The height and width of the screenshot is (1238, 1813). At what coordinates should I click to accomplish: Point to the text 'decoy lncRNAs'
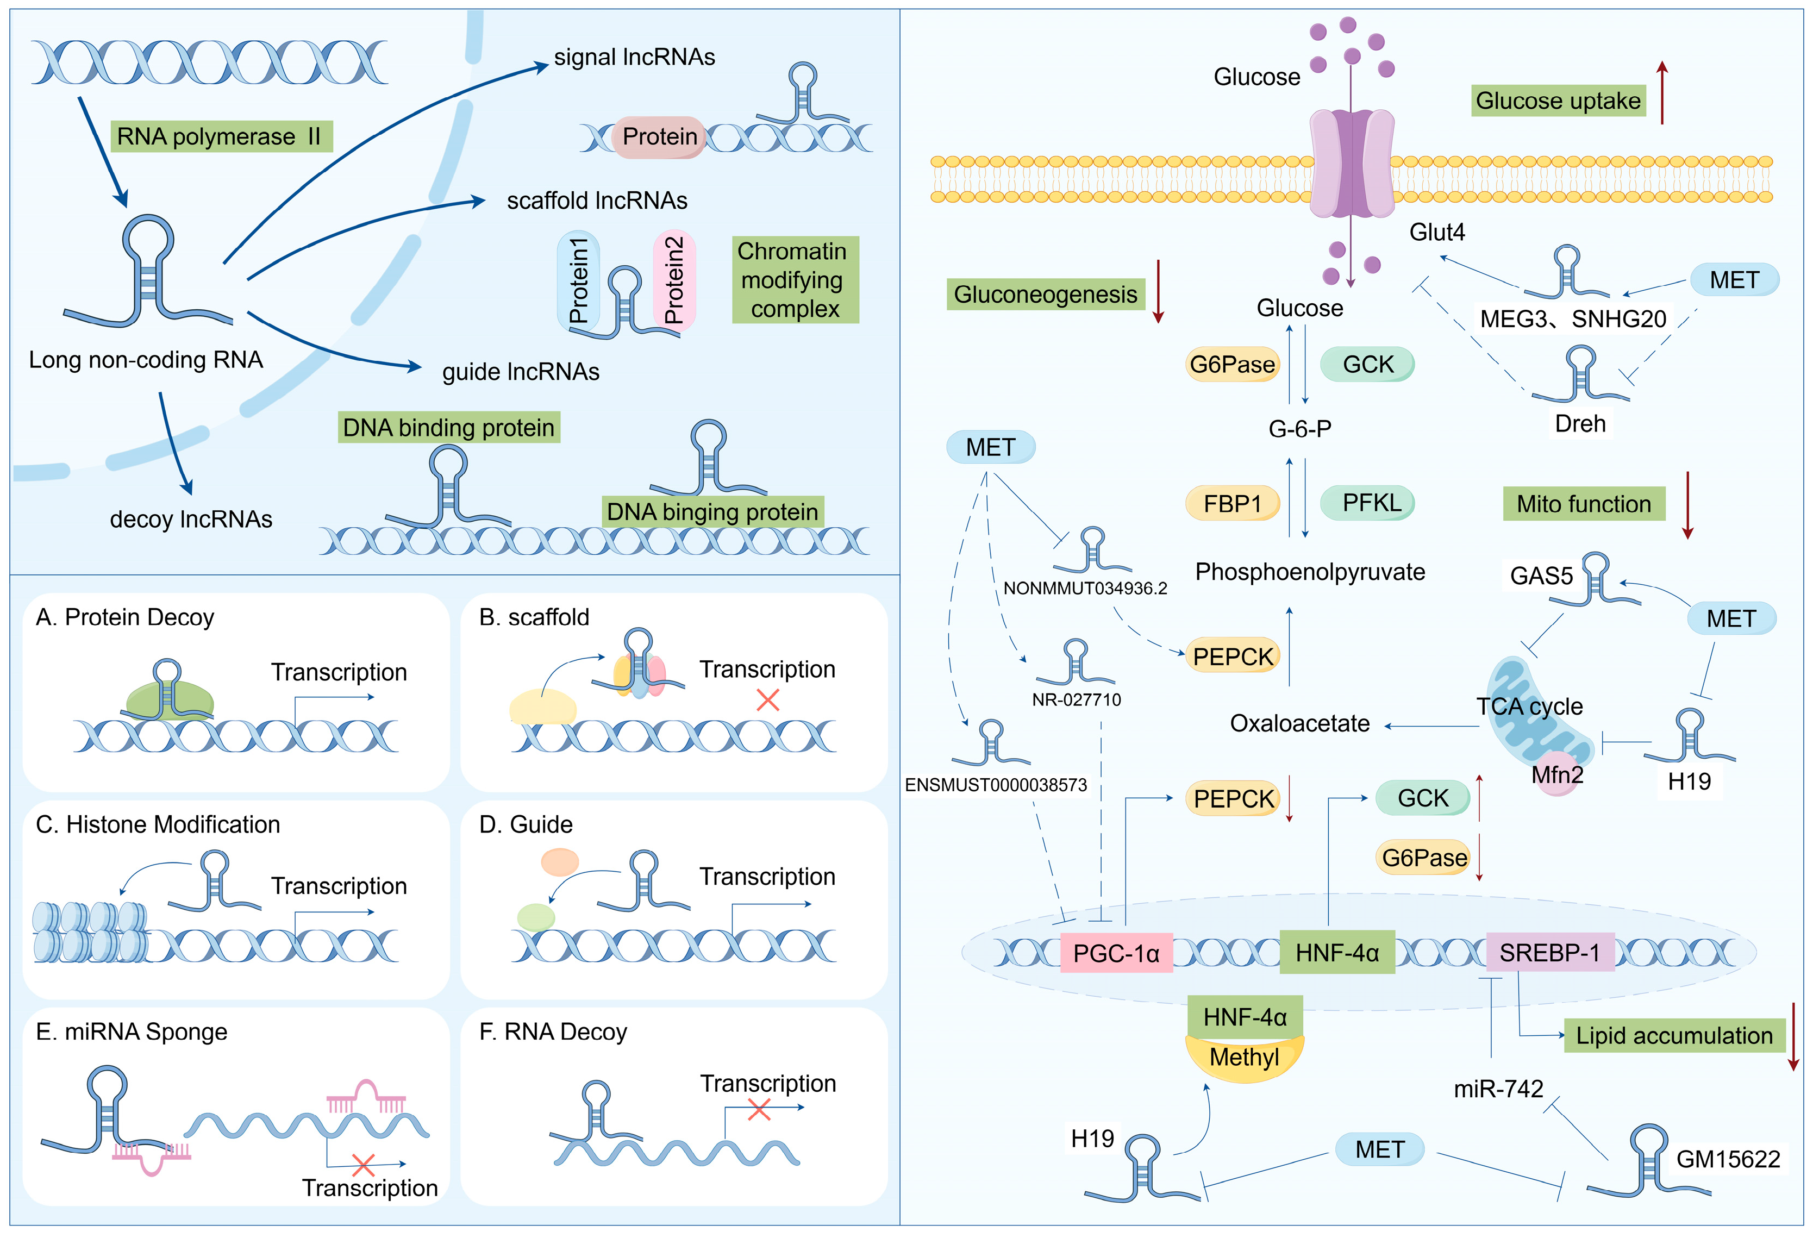pos(191,520)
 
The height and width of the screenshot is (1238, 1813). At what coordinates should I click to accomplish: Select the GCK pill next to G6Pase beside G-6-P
pos(1367,364)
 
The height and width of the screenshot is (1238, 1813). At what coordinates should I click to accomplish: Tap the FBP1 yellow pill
pos(1232,504)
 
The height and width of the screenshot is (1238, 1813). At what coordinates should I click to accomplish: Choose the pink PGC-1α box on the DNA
pos(1116,953)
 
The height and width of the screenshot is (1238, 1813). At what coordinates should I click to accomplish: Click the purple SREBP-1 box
pos(1548,953)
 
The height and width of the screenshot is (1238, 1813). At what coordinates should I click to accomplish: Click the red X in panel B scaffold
pos(767,700)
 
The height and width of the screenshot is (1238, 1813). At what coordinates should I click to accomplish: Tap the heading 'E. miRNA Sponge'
pos(131,1032)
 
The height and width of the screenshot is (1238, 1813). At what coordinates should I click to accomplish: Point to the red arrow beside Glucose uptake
pos(1662,93)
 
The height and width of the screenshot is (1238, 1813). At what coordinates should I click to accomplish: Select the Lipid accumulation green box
pos(1673,1036)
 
